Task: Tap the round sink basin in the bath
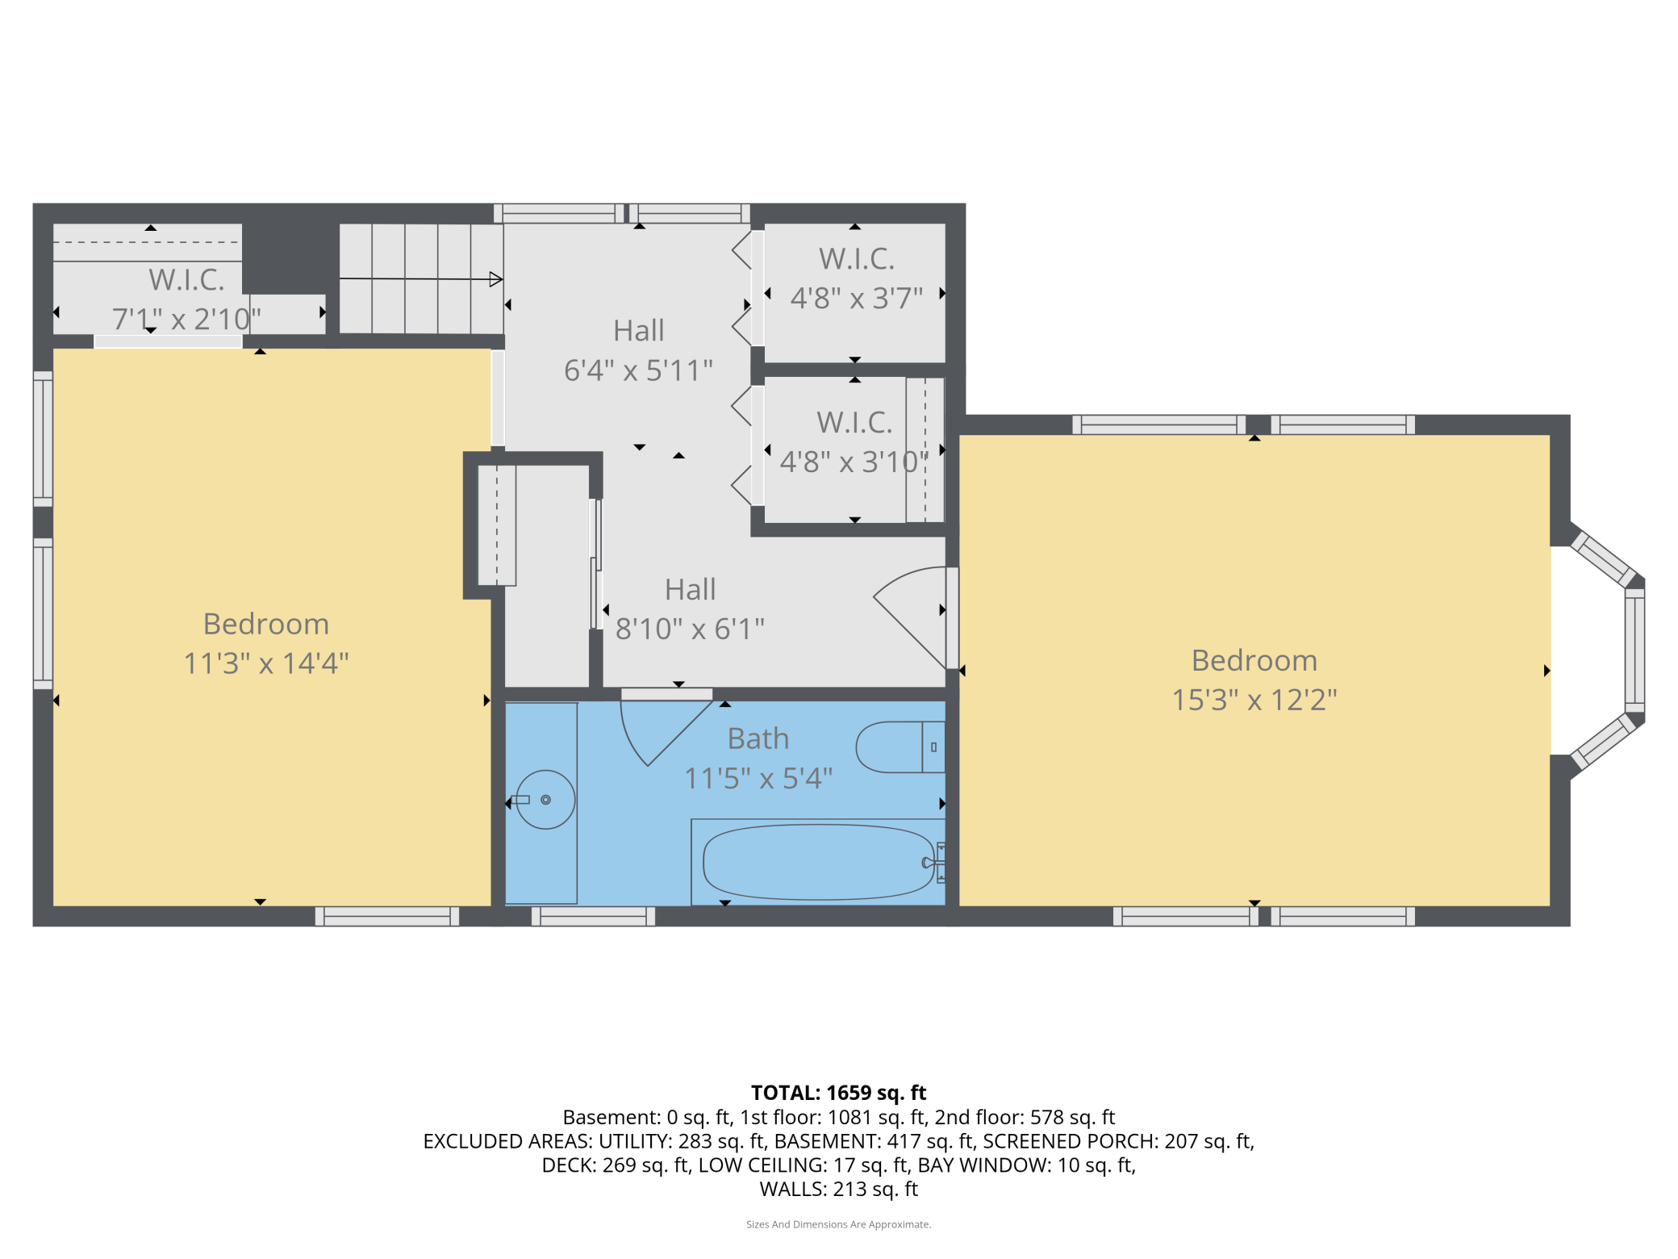(545, 800)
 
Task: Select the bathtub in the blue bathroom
(817, 862)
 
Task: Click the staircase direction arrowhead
(496, 280)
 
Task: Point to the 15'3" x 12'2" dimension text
(1254, 700)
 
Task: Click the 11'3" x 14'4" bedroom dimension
(266, 663)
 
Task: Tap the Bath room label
(758, 738)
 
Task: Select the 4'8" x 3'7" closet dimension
(856, 299)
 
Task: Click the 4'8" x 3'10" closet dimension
(854, 462)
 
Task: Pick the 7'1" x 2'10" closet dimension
(186, 320)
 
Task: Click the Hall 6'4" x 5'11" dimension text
(638, 370)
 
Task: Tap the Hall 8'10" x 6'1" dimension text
(690, 629)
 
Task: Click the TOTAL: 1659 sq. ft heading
(838, 1093)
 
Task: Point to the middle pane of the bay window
(1634, 650)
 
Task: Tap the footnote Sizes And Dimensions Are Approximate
(838, 1224)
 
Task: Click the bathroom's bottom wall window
(593, 916)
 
